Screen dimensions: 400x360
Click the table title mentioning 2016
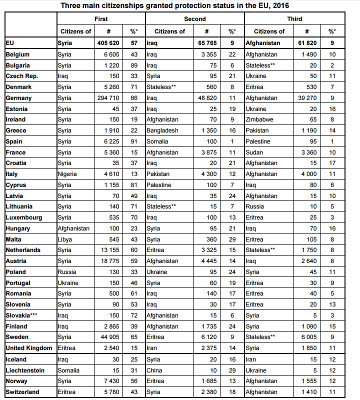182,5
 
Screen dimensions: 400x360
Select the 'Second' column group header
194,19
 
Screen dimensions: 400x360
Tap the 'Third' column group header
294,19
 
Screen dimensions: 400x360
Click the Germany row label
18,98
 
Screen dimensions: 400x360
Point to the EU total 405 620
105,43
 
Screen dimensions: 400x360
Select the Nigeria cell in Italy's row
67,174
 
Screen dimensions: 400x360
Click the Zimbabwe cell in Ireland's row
260,119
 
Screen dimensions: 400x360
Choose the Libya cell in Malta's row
65,239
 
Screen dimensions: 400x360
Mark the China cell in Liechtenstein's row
154,370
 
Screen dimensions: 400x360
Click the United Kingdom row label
28,348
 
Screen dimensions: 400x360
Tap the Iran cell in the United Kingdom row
152,348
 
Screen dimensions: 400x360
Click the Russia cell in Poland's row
67,272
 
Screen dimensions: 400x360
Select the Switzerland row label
22,392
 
